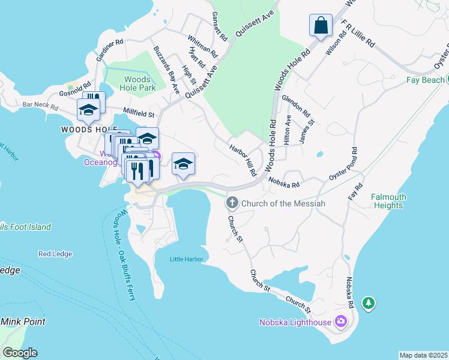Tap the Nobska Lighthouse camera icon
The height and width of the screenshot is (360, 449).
pyautogui.click(x=341, y=322)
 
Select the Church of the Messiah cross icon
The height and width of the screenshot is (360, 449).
pyautogui.click(x=232, y=203)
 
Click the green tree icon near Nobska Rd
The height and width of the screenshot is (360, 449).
pyautogui.click(x=369, y=304)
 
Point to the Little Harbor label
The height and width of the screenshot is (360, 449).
pyautogui.click(x=187, y=259)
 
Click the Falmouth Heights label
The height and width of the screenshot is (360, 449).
pyautogui.click(x=388, y=201)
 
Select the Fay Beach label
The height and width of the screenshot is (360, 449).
pyautogui.click(x=424, y=80)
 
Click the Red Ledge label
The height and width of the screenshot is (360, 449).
pyautogui.click(x=55, y=254)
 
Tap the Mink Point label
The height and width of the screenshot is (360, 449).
pyautogui.click(x=23, y=322)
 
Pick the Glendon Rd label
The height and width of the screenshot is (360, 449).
pyautogui.click(x=295, y=106)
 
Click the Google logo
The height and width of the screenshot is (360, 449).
pyautogui.click(x=20, y=353)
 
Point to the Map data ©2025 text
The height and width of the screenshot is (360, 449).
pyautogui.click(x=423, y=355)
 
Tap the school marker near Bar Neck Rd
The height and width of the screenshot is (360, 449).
pyautogui.click(x=88, y=110)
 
